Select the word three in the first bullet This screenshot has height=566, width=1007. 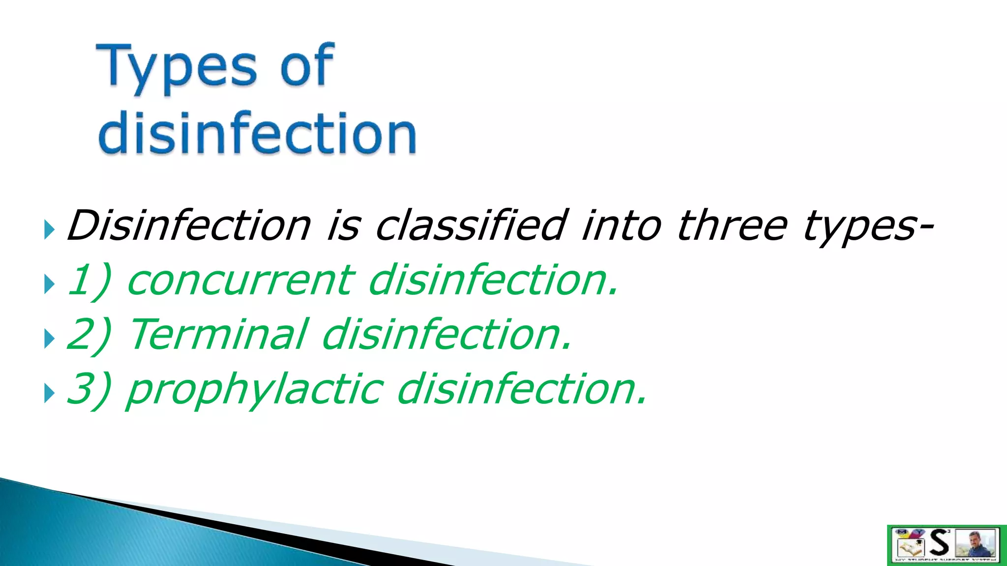click(732, 226)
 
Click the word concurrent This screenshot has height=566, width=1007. click(240, 280)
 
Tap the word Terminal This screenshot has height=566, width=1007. click(219, 335)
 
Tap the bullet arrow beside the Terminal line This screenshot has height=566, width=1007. click(49, 339)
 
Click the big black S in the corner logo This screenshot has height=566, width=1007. click(940, 543)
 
